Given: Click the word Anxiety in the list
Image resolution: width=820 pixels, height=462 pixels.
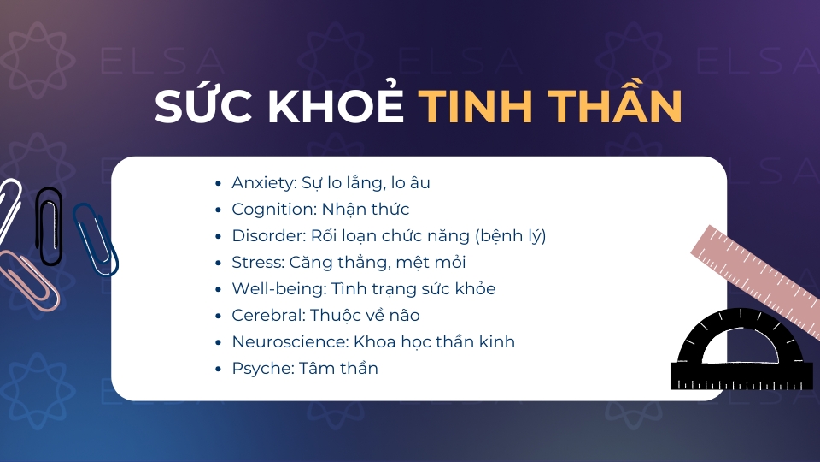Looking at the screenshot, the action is (264, 183).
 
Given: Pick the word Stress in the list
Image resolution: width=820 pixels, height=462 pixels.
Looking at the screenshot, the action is (258, 262).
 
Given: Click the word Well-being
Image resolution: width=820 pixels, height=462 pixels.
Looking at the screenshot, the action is (279, 289).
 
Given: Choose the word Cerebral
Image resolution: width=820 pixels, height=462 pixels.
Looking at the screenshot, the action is (268, 316).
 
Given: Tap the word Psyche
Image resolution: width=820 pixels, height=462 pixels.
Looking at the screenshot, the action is (263, 369).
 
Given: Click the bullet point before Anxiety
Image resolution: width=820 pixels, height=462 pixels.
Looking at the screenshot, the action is (219, 183).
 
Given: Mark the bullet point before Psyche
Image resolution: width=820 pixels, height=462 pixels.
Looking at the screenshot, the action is (219, 369).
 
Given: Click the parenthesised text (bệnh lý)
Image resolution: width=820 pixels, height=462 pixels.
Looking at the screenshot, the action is (511, 236).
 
